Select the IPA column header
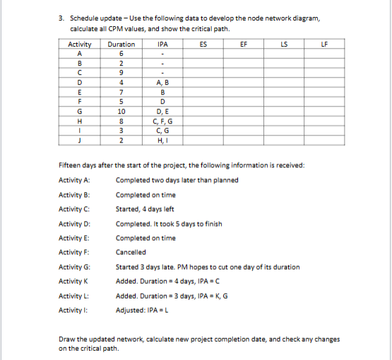tap(162, 44)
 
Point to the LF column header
tap(324, 44)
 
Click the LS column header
tap(283, 44)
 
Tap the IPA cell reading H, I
tap(162, 140)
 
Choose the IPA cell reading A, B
tap(162, 82)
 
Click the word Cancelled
tap(131, 252)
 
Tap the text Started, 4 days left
tap(145, 209)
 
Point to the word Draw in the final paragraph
tap(66, 339)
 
